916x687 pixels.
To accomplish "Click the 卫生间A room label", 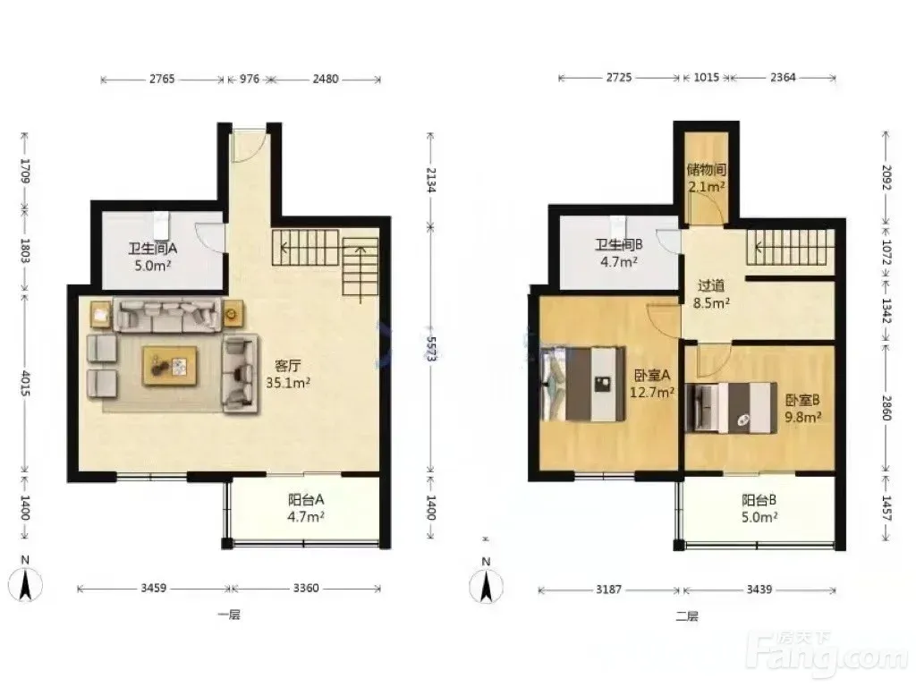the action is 152,249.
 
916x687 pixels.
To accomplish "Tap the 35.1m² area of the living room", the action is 288,383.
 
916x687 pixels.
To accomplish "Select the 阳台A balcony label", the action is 306,500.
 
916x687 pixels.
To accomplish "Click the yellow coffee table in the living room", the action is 169,366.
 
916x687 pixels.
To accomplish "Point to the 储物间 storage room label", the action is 707,170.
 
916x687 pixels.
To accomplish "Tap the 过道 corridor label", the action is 711,285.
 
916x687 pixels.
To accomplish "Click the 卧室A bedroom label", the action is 652,375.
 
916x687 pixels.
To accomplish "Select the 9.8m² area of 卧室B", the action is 803,417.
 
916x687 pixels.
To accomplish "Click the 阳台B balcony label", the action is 759,501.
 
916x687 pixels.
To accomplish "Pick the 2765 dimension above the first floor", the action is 162,79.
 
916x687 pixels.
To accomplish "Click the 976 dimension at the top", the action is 250,79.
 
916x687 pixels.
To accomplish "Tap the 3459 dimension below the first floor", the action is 154,589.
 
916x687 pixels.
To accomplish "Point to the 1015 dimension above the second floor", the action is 707,78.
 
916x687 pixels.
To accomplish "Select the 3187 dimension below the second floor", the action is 608,590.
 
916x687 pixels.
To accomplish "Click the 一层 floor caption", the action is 229,615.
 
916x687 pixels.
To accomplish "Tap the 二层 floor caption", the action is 687,616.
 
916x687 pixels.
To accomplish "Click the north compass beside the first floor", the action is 25,584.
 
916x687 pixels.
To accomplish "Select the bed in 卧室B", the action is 731,408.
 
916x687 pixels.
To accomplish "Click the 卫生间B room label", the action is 619,245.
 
